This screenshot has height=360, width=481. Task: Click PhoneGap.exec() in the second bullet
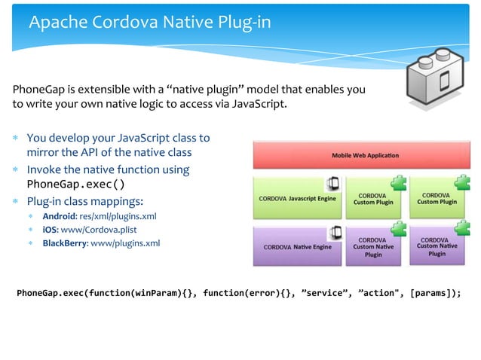(76, 184)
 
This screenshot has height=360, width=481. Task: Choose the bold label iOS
(50, 230)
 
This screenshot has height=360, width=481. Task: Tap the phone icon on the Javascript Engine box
(333, 183)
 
